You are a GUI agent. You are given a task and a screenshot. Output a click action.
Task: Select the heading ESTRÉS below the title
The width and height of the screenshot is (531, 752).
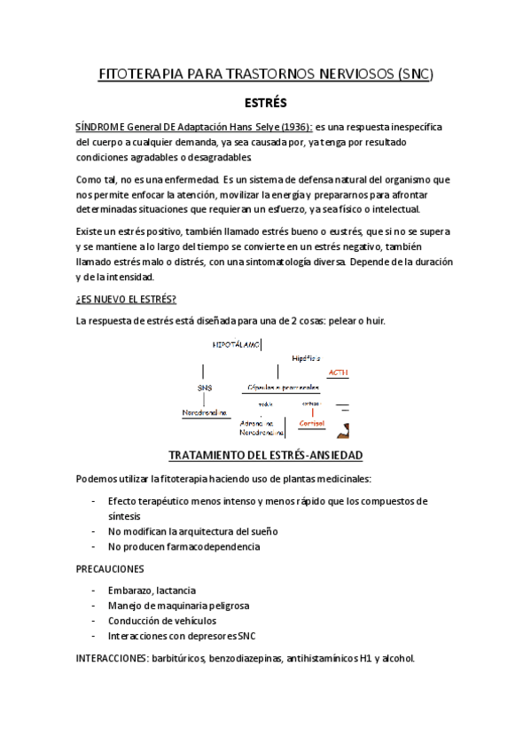265,103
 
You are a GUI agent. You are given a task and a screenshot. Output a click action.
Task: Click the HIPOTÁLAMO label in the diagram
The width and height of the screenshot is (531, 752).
236,343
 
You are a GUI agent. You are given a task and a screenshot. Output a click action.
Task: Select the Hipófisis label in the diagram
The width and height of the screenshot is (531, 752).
306,357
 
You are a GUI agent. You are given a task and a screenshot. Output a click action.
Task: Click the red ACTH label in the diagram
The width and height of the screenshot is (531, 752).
338,372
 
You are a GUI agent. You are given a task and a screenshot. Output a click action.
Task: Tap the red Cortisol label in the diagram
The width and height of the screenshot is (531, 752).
312,423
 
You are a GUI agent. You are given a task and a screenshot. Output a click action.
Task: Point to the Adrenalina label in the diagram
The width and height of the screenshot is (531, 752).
257,424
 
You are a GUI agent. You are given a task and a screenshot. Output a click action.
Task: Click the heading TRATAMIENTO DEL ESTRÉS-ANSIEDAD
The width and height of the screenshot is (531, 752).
265,456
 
